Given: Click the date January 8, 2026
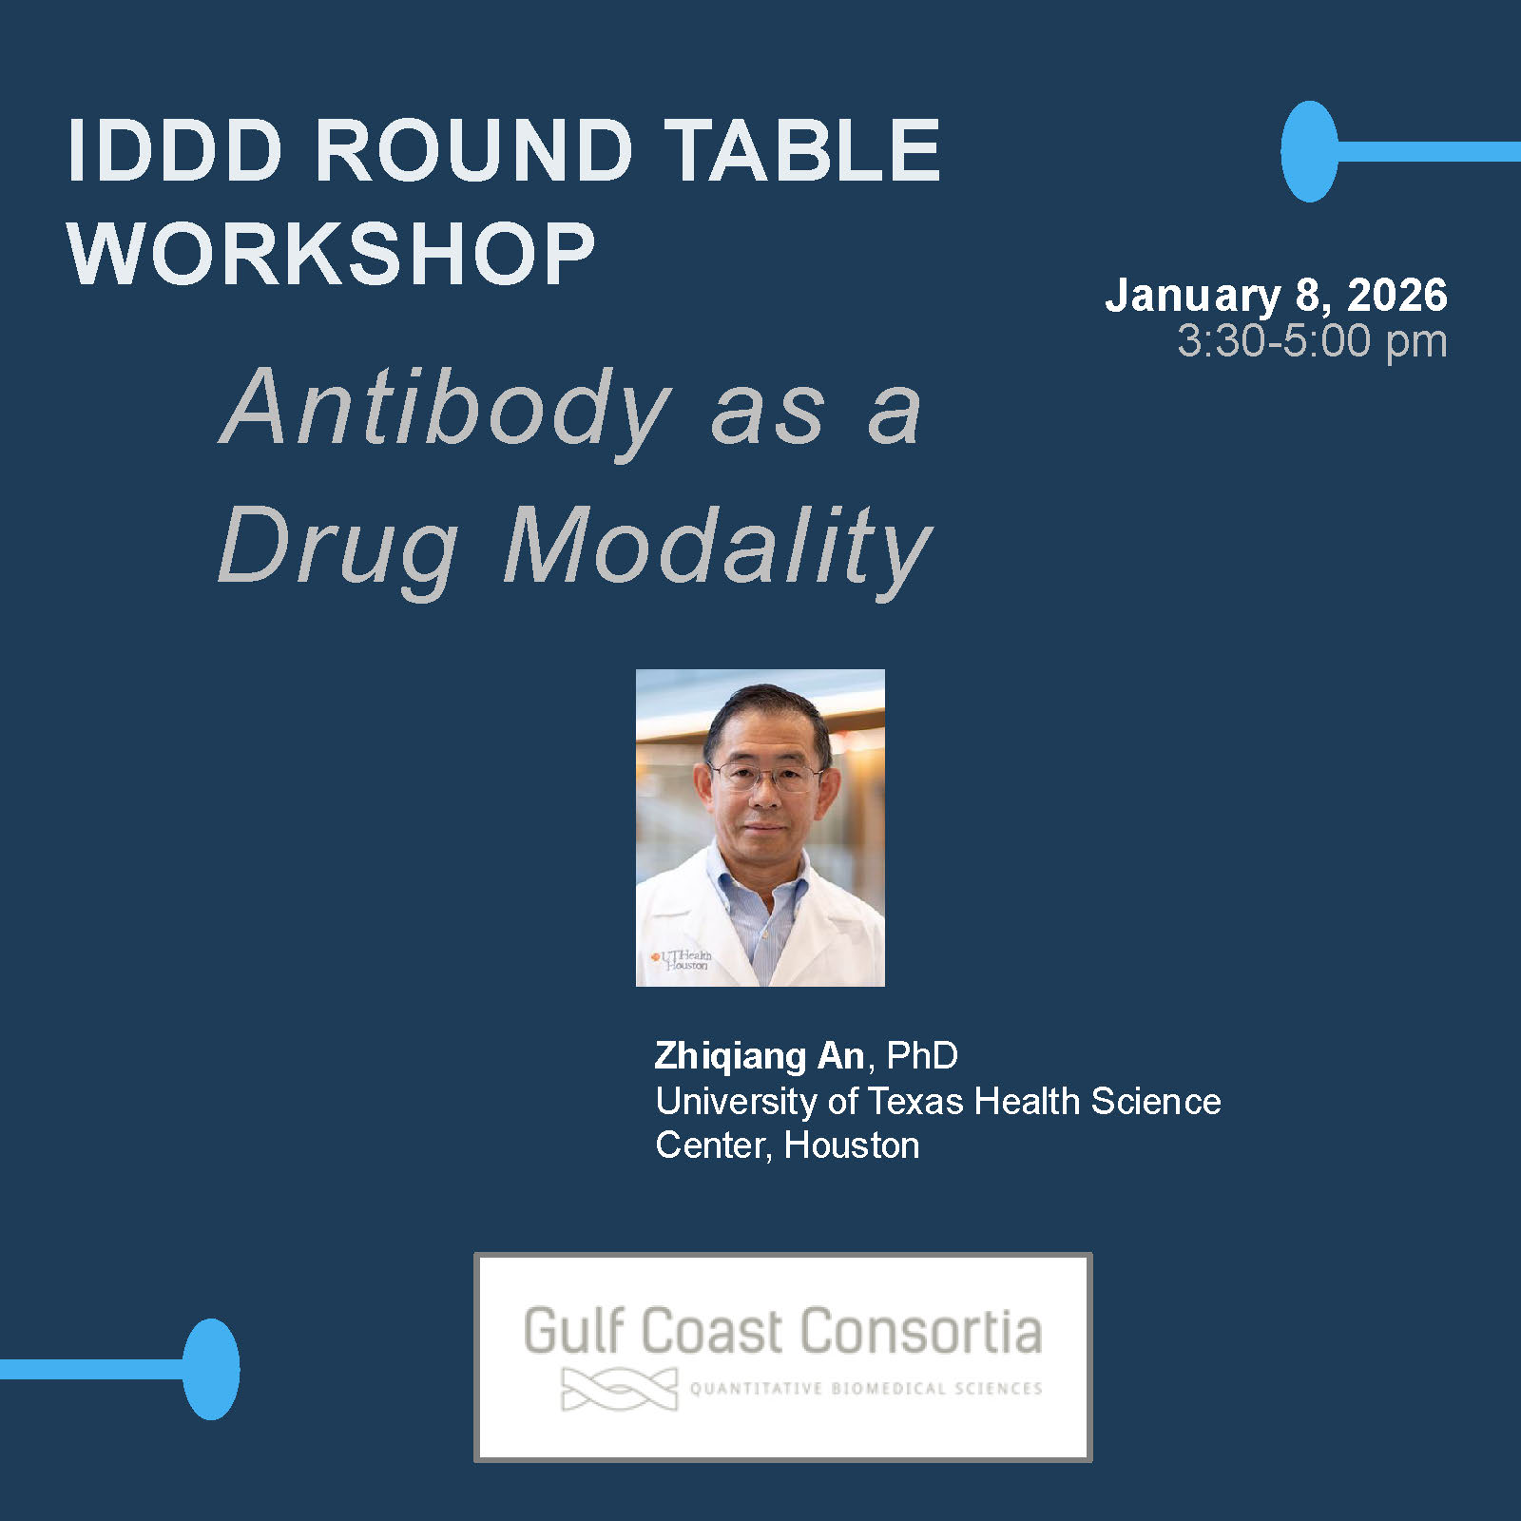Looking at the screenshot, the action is point(1276,296).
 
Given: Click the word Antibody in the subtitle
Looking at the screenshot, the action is point(446,408).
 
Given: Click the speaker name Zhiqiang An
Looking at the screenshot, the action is point(760,1055).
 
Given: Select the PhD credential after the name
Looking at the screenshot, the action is point(922,1055).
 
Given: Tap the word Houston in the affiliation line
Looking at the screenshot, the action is point(852,1146).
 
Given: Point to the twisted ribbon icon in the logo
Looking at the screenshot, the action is point(620,1389).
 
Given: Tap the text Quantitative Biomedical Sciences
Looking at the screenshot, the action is point(866,1389).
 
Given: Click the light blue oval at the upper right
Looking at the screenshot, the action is point(1309,151).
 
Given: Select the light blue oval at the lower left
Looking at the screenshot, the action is point(211,1369).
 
